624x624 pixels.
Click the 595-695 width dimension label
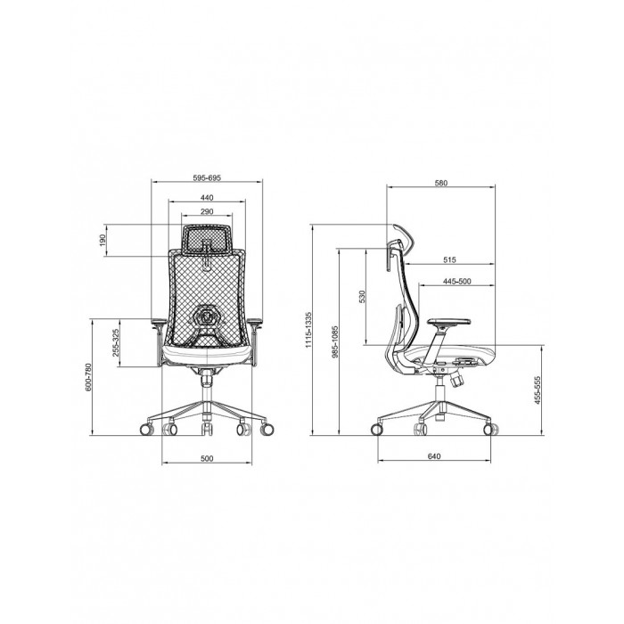click(x=207, y=177)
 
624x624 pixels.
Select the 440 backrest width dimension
click(x=207, y=197)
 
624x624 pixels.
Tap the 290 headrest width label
click(x=207, y=211)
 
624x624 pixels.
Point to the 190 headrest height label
click(x=103, y=240)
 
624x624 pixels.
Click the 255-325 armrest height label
click(x=115, y=342)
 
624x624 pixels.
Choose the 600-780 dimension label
click(x=88, y=376)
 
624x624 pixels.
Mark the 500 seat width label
click(x=207, y=458)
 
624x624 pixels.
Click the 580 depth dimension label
click(x=441, y=183)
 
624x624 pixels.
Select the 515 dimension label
click(x=449, y=260)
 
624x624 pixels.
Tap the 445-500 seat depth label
click(x=456, y=282)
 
